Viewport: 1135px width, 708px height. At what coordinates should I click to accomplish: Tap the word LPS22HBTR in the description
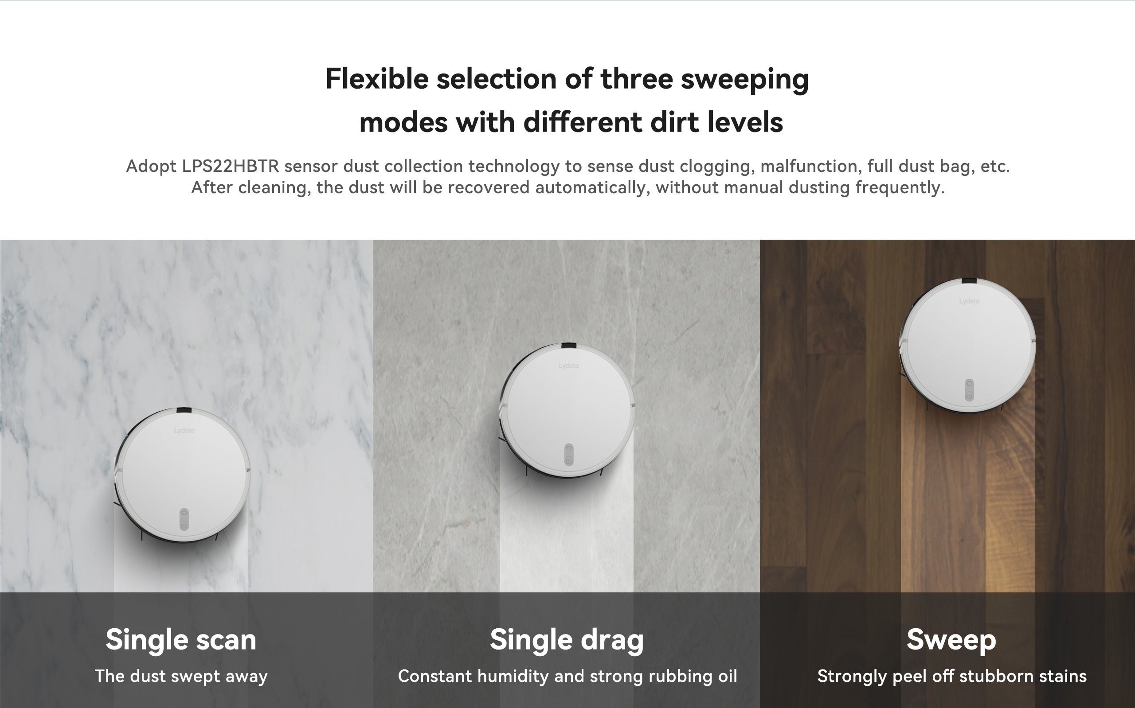click(231, 166)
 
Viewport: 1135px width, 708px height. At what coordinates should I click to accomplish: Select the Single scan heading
click(181, 640)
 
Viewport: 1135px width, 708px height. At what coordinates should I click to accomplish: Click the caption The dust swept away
click(181, 676)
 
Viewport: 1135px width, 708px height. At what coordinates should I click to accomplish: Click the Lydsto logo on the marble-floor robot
click(184, 430)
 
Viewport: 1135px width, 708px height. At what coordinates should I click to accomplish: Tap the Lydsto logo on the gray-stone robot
click(569, 366)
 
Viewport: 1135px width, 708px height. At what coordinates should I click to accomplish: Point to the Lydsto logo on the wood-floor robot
click(969, 301)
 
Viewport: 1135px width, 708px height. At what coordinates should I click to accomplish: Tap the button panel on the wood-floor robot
click(969, 390)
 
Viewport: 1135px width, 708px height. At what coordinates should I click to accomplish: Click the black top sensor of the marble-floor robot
click(184, 411)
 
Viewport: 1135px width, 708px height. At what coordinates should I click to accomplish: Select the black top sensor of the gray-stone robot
click(569, 346)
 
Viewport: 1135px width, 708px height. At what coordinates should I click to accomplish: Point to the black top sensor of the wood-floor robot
click(969, 281)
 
